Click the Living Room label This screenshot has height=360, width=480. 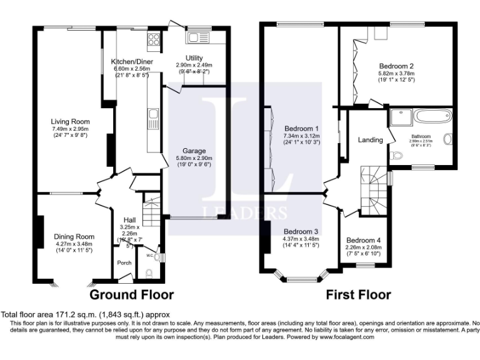71,121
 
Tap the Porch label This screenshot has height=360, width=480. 124,262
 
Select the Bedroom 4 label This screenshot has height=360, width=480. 363,241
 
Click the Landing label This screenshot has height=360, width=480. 370,140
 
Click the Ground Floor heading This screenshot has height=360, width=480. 132,294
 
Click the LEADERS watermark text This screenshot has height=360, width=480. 244,212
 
